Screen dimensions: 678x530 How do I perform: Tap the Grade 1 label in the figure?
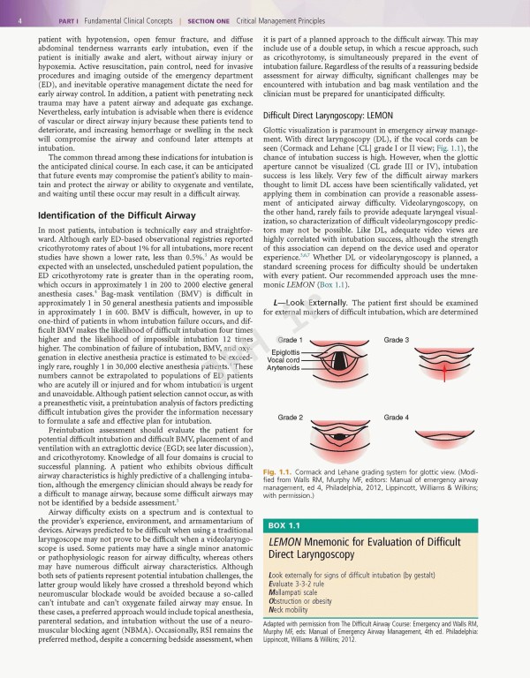click(x=291, y=340)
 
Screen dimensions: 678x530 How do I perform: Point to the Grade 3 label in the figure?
click(x=396, y=340)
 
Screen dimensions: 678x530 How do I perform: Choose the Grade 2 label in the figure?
click(x=291, y=417)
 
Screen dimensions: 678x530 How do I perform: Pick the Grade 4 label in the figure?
click(x=396, y=417)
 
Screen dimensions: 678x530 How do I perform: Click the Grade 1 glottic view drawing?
click(x=339, y=363)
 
